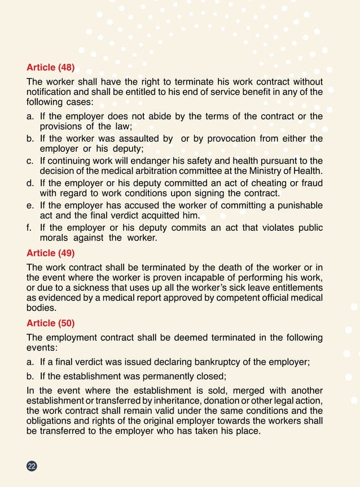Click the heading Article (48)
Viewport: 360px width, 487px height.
click(51, 69)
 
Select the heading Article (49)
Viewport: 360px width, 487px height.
click(51, 253)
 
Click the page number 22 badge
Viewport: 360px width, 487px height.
click(32, 466)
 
